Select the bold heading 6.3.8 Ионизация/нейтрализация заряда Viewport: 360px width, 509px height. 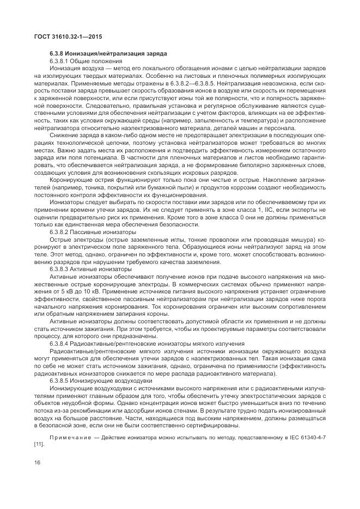coord(108,53)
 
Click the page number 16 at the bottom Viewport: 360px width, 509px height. coord(37,463)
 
